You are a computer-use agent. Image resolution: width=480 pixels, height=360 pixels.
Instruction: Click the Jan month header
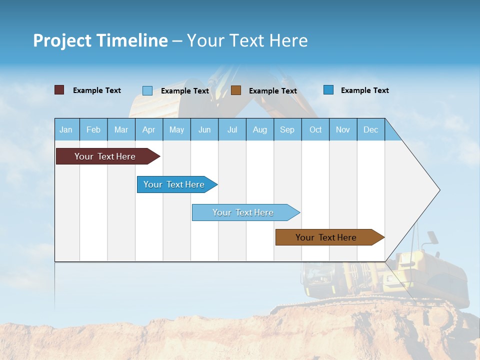click(66, 129)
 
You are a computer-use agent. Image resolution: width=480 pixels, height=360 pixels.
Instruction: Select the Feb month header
click(93, 129)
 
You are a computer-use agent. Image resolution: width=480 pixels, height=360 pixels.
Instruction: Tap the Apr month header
click(148, 129)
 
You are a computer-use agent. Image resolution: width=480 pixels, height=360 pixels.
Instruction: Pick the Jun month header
click(204, 129)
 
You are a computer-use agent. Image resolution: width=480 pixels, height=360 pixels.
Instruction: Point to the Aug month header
click(260, 129)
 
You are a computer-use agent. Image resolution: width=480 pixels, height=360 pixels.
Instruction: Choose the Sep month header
click(287, 129)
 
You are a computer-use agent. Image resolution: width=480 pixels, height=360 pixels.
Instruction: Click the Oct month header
click(315, 129)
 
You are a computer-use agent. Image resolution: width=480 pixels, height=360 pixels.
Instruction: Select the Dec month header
click(370, 129)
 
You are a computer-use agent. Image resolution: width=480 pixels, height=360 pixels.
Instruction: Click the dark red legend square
click(59, 90)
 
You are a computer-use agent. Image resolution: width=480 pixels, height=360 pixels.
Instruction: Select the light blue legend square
click(147, 90)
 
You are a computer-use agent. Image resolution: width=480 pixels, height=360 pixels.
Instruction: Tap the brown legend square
click(236, 90)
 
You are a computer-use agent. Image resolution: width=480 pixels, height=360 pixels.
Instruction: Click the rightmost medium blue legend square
click(328, 89)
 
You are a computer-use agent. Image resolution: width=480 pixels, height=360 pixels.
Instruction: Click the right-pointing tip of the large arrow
click(438, 189)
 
